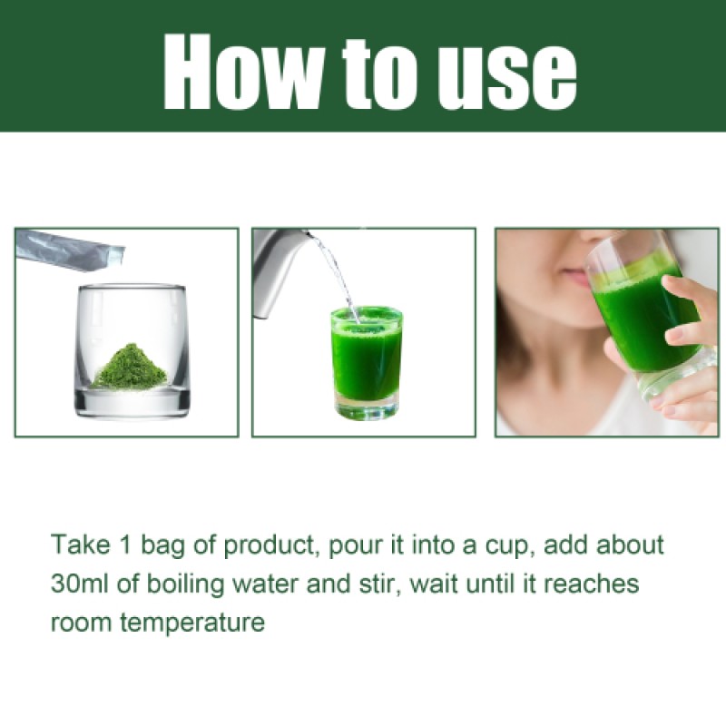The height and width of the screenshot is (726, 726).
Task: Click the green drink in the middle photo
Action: (x=366, y=358)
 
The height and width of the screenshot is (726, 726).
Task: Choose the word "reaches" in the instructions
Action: (x=594, y=584)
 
